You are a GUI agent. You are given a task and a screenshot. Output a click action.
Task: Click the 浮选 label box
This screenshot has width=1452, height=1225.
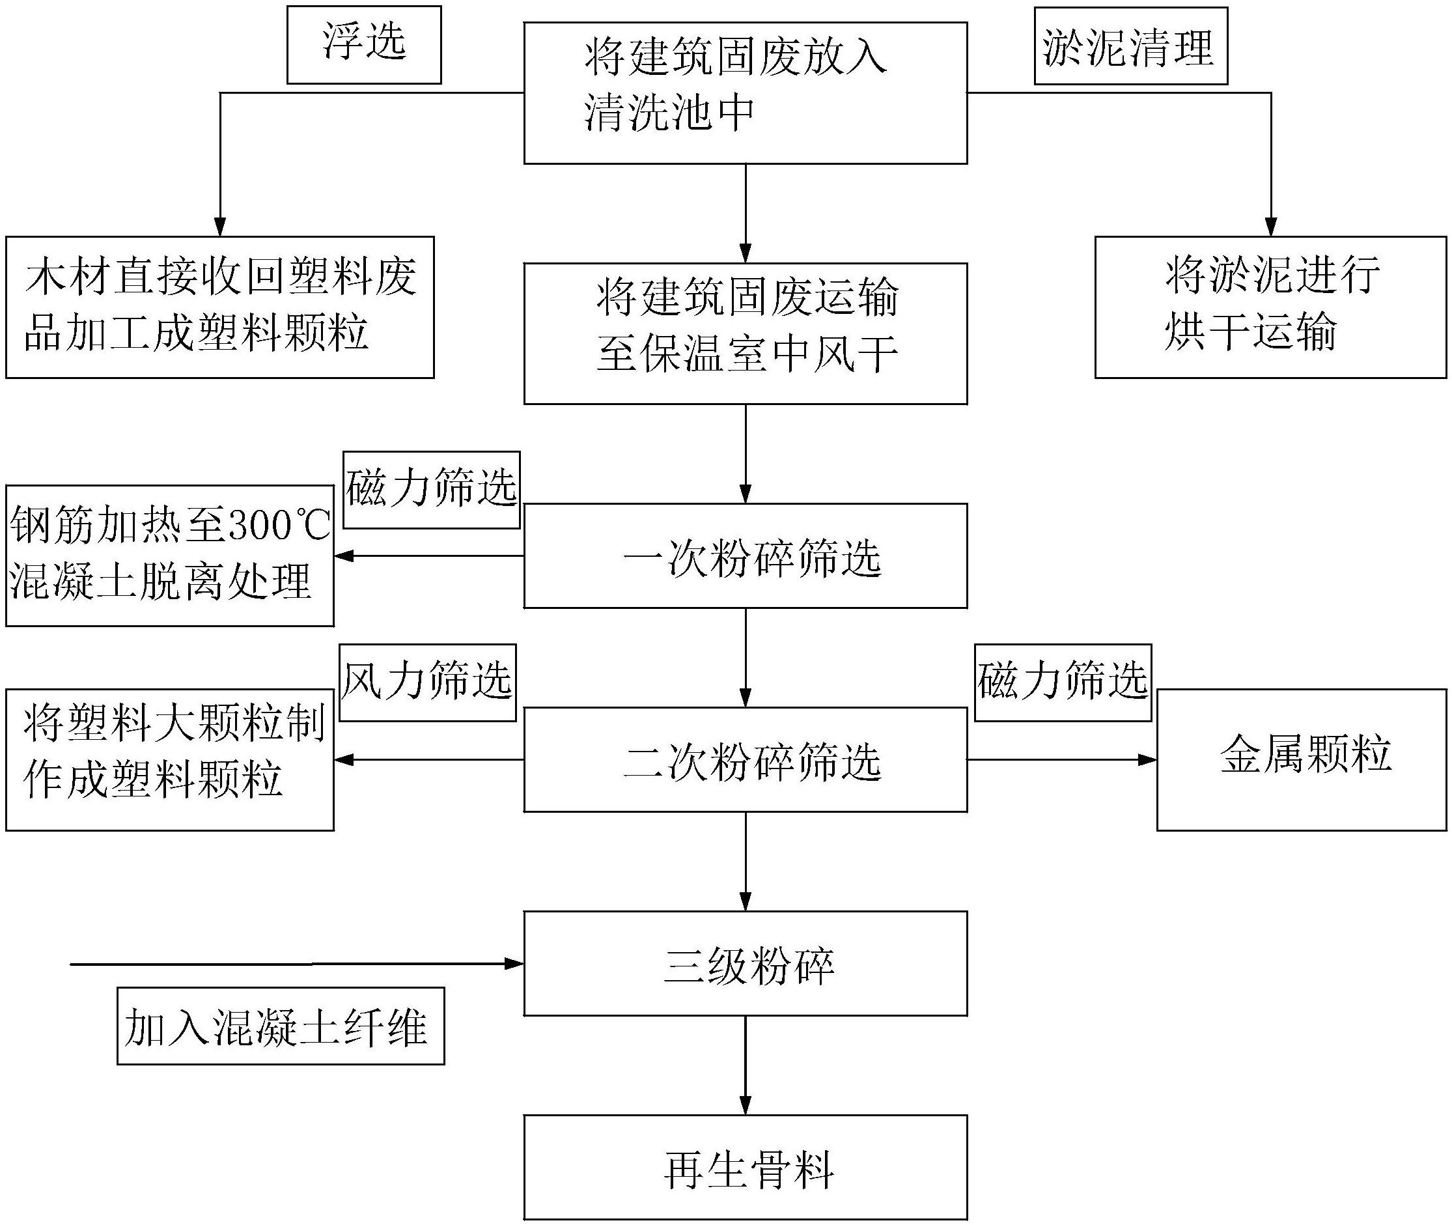coord(364,45)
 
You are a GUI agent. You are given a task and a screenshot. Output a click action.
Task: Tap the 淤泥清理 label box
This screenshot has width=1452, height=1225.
coord(1130,46)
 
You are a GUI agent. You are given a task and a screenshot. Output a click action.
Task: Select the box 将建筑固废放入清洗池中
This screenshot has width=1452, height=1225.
coord(744,92)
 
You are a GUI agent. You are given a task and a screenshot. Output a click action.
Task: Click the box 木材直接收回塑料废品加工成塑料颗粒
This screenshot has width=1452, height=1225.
coord(219,307)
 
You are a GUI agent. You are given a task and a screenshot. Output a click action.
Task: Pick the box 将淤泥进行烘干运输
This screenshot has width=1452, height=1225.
coord(1270,307)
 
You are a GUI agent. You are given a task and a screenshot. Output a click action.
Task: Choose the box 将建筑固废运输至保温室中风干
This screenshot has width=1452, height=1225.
coord(744,333)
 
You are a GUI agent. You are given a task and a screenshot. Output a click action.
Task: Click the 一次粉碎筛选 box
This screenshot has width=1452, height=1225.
coord(744,556)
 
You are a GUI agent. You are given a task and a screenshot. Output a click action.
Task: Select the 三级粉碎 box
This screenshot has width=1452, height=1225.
coord(744,963)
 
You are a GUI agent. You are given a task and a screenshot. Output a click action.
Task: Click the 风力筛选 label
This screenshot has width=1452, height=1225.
coord(427,682)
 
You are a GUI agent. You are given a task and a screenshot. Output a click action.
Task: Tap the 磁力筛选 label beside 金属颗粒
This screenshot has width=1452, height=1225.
coord(1063,682)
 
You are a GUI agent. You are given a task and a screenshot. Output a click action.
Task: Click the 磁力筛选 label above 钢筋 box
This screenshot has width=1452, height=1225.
coord(431,490)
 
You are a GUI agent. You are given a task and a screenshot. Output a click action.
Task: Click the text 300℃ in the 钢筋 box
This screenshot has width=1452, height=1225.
coord(278,526)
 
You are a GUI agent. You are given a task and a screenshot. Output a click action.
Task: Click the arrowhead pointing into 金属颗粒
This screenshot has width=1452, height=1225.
coord(1148,760)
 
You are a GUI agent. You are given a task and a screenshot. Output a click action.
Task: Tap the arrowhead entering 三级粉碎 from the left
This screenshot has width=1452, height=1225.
coord(514,963)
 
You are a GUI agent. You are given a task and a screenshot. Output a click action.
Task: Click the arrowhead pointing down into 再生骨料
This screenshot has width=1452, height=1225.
coord(745,1105)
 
